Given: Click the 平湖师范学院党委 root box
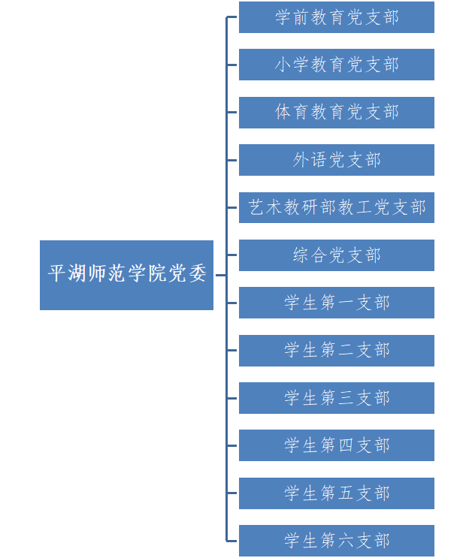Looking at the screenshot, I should click(126, 275).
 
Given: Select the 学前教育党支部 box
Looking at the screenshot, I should click(337, 17).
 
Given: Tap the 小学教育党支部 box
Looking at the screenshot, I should click(337, 65).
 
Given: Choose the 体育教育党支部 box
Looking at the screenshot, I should click(337, 113).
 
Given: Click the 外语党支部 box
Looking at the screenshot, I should click(337, 160).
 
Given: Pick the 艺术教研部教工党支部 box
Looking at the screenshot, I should click(337, 207).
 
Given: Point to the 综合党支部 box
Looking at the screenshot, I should click(337, 255).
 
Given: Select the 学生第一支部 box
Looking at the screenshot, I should click(337, 303).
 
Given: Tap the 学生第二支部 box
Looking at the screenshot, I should click(337, 350).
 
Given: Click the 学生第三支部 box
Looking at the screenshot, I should click(337, 398).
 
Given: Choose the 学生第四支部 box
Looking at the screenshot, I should click(337, 445).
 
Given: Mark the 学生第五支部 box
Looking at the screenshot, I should click(337, 493).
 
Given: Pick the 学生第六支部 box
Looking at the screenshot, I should click(337, 540).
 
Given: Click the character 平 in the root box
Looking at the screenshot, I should click(57, 273).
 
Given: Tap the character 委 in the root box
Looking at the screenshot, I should click(197, 273).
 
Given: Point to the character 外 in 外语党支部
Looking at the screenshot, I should click(301, 160).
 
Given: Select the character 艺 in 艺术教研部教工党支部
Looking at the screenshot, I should click(257, 207).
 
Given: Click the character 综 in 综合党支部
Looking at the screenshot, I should click(301, 255).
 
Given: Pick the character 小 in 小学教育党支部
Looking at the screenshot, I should click(283, 65).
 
